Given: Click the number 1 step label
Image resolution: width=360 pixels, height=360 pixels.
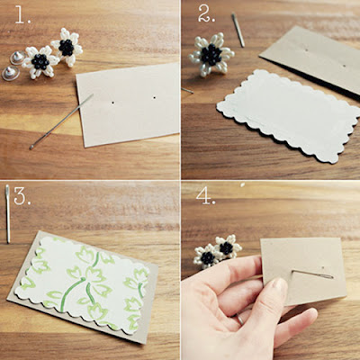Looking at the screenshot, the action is (22, 16).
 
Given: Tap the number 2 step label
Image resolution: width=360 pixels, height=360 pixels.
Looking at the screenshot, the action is (206, 13).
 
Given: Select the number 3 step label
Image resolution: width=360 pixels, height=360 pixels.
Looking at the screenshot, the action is (22, 196).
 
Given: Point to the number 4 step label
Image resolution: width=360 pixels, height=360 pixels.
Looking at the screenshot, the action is (206, 196).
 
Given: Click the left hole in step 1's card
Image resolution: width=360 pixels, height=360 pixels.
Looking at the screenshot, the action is (112, 103).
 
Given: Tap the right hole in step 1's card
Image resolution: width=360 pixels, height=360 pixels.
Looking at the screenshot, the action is (155, 97).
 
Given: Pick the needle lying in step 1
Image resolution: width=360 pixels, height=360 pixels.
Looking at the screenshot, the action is (61, 121).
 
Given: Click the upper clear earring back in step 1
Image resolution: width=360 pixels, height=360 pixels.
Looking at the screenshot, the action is (17, 58).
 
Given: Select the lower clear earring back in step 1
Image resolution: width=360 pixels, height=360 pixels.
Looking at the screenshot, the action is (11, 73).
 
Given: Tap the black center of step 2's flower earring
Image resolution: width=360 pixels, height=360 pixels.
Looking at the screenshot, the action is (211, 55).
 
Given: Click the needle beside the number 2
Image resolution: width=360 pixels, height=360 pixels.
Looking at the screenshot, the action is (238, 30).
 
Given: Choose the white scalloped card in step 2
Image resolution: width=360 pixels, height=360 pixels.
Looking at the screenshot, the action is (290, 115).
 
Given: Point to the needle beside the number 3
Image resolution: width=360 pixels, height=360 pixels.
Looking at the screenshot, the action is (8, 213).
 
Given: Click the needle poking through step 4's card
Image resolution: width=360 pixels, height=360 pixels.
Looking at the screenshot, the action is (312, 274).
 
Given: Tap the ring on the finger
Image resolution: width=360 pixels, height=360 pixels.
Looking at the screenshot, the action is (240, 319).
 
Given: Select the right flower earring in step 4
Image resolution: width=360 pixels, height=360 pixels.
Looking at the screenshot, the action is (228, 247).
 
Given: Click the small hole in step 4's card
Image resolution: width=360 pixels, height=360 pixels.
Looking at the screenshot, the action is (322, 266).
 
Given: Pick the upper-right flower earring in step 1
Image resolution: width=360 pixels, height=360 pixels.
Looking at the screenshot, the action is (67, 47).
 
